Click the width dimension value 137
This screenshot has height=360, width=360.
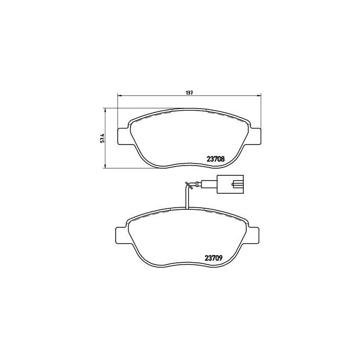(189, 93)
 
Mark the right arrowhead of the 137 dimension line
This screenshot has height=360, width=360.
(258, 96)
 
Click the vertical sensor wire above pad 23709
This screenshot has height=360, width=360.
(187, 201)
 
